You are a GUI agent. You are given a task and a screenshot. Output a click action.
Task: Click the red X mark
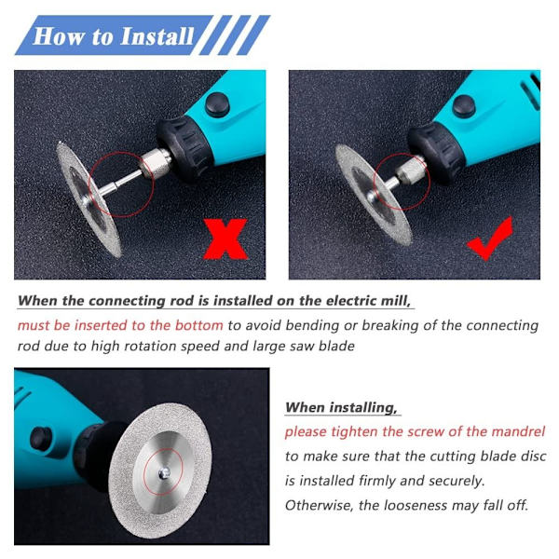[x=225, y=239]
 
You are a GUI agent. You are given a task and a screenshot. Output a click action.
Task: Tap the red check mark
[x=490, y=239]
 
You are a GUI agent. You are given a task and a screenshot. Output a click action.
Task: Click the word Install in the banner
[x=157, y=36]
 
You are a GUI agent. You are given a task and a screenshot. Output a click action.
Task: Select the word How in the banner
[x=58, y=36]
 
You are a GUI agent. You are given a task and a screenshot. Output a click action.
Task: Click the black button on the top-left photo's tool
[x=217, y=103]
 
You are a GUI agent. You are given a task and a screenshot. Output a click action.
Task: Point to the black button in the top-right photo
[x=463, y=106]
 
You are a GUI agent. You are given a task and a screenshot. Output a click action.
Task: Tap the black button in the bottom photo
[x=41, y=439]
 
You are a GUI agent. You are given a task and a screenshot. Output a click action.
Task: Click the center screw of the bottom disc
[x=164, y=473]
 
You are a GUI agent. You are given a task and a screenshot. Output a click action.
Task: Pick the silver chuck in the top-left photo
[x=156, y=163]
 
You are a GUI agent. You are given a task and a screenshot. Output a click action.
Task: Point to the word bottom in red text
[x=199, y=325]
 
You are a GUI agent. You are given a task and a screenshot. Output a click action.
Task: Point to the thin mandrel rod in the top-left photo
[x=117, y=184]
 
